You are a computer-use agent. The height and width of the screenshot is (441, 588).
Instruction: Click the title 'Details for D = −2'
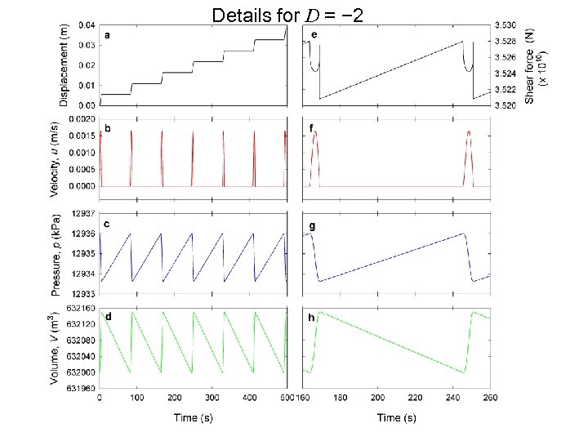tap(294, 14)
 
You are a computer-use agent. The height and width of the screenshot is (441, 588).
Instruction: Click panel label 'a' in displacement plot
tap(106, 35)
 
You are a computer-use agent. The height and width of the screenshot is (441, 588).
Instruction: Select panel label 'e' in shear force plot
tap(314, 34)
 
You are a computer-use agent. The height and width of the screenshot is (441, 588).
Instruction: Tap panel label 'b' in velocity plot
tap(107, 129)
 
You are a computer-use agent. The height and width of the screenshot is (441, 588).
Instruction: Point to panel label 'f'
tap(312, 128)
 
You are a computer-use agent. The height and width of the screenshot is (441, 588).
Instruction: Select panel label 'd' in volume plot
tap(108, 315)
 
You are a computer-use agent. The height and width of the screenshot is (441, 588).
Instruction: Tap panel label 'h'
tap(311, 317)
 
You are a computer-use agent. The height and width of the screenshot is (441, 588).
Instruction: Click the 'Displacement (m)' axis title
tap(65, 65)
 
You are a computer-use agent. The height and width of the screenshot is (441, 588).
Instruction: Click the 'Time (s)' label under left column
tap(192, 418)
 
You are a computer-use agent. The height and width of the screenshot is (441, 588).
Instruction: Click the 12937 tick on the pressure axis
tap(82, 213)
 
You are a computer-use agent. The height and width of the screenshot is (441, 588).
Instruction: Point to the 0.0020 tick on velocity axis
tap(80, 118)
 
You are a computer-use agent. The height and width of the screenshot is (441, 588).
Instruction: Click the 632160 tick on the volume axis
tap(80, 308)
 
